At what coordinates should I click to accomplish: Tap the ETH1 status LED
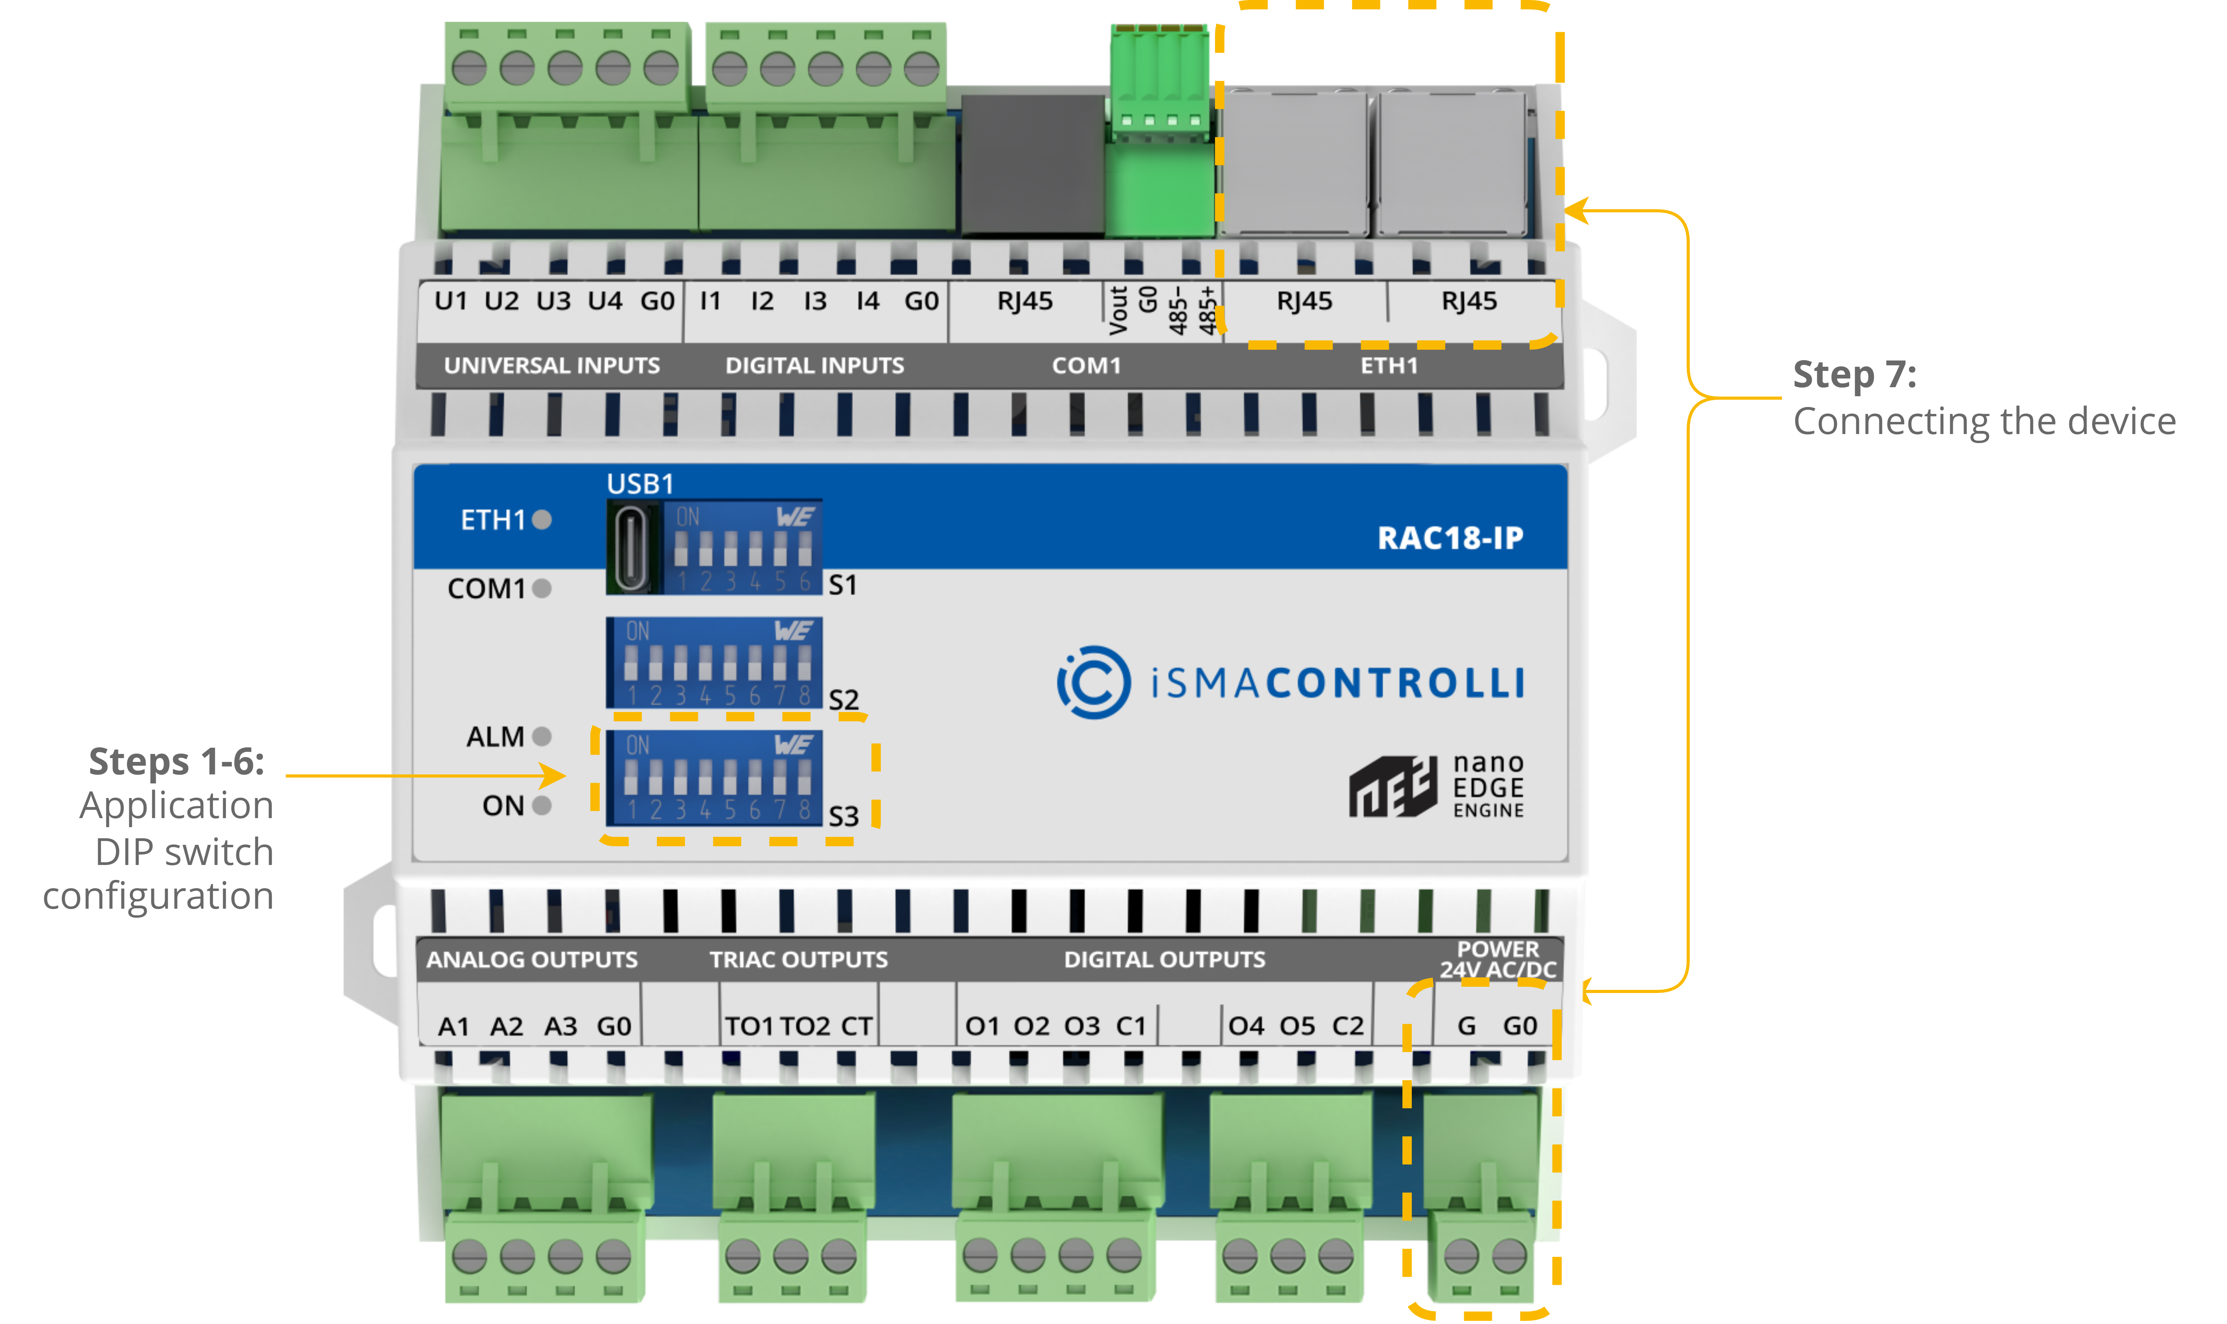pyautogui.click(x=542, y=519)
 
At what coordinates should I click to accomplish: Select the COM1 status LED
pyautogui.click(x=542, y=588)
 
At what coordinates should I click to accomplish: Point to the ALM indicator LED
pyautogui.click(x=542, y=736)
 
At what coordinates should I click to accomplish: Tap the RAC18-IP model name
pyautogui.click(x=1450, y=538)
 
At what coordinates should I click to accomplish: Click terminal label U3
pyautogui.click(x=553, y=301)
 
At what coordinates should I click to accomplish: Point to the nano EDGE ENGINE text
pyautogui.click(x=1487, y=786)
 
